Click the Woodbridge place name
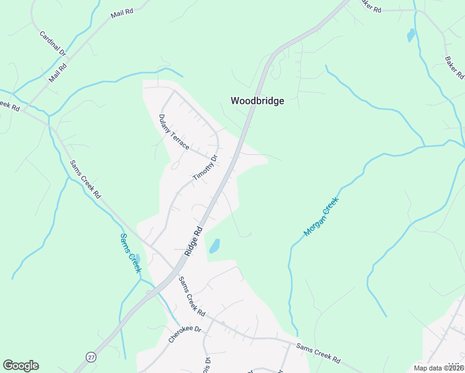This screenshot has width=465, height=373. [257, 101]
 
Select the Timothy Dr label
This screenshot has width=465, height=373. [206, 168]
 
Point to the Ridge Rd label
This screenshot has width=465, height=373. [194, 241]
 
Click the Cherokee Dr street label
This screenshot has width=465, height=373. [185, 334]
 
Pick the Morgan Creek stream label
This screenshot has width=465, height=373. [321, 216]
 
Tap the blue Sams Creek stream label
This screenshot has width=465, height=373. [131, 253]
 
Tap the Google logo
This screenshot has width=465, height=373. [21, 366]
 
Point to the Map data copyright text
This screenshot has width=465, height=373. [438, 368]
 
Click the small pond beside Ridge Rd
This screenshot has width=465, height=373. [214, 246]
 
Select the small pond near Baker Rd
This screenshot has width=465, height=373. [410, 35]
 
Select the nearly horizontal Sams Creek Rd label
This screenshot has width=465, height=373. [318, 353]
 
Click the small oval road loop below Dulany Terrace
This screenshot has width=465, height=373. [175, 165]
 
